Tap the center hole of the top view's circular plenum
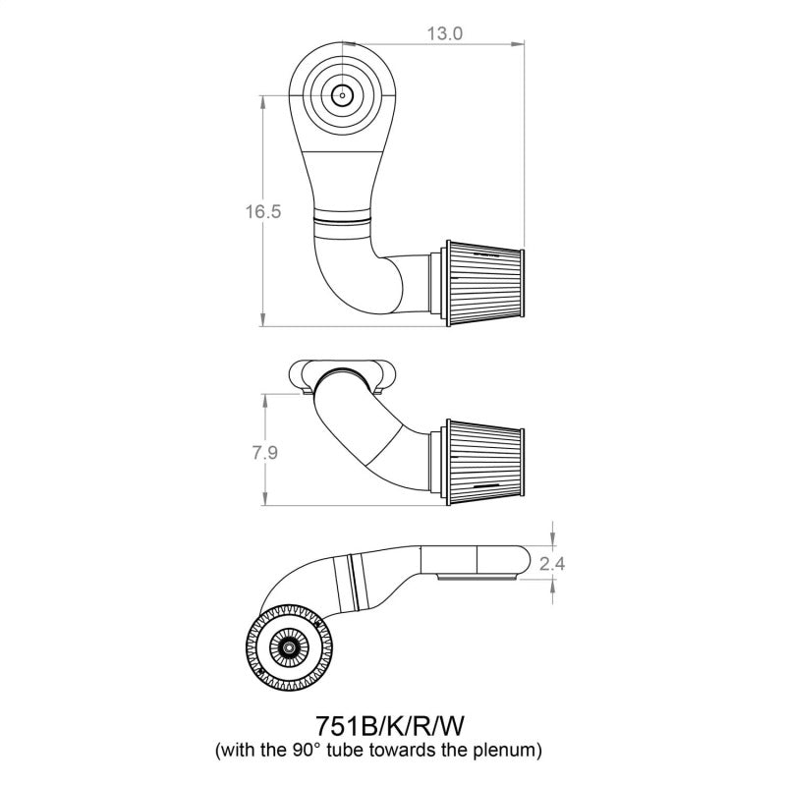tap(342, 95)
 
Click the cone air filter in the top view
tap(484, 283)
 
